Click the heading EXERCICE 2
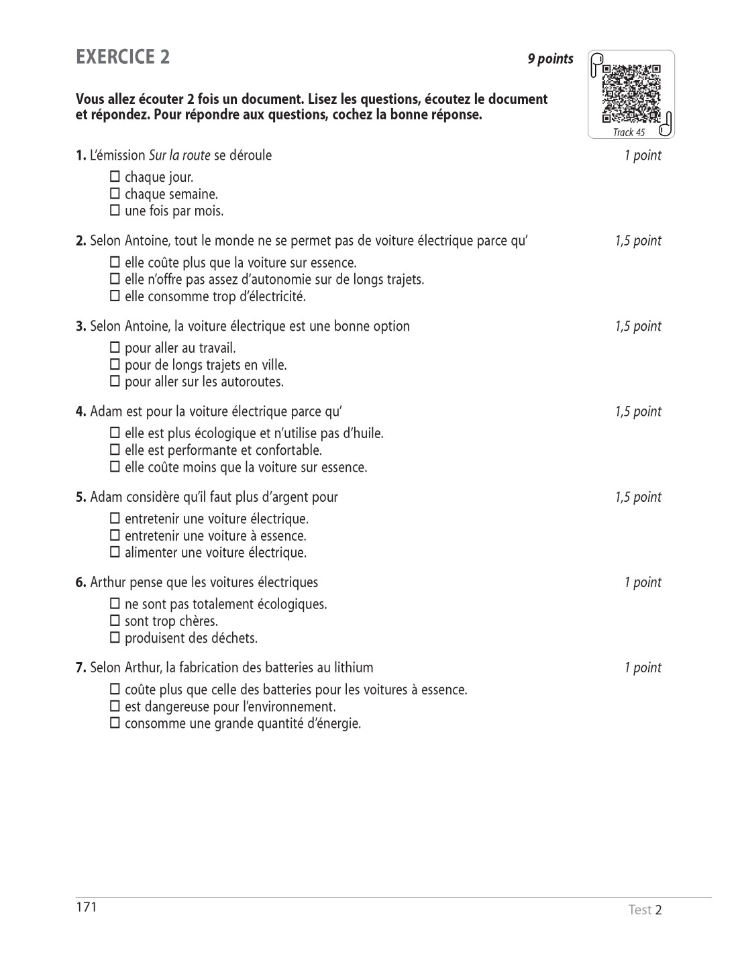(x=123, y=57)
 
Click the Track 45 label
(x=629, y=132)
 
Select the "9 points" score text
(x=550, y=59)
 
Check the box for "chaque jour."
(x=115, y=177)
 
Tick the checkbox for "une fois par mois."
(x=115, y=211)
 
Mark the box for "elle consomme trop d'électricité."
(x=115, y=296)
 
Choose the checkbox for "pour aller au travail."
(x=115, y=348)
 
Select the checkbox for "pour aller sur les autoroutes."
(x=115, y=381)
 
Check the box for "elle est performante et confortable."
(x=115, y=449)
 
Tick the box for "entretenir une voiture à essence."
(x=115, y=535)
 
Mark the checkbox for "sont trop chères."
(x=115, y=621)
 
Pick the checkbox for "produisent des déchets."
(x=115, y=637)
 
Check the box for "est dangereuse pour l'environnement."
(x=115, y=706)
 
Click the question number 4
(x=81, y=411)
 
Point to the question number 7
(x=81, y=668)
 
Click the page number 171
(x=87, y=908)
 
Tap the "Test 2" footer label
(x=645, y=910)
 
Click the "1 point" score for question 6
(x=642, y=582)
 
